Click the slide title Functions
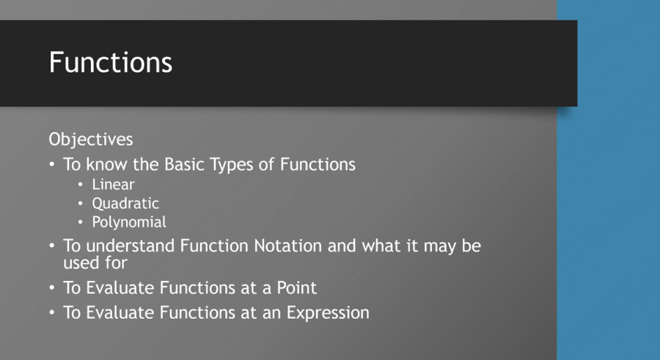click(111, 62)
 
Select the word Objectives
click(91, 139)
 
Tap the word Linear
click(113, 185)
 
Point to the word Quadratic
click(125, 204)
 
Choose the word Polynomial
click(129, 222)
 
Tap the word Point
click(295, 288)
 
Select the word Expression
click(327, 313)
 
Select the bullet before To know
click(53, 165)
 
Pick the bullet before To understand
click(53, 246)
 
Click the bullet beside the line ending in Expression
click(53, 313)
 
